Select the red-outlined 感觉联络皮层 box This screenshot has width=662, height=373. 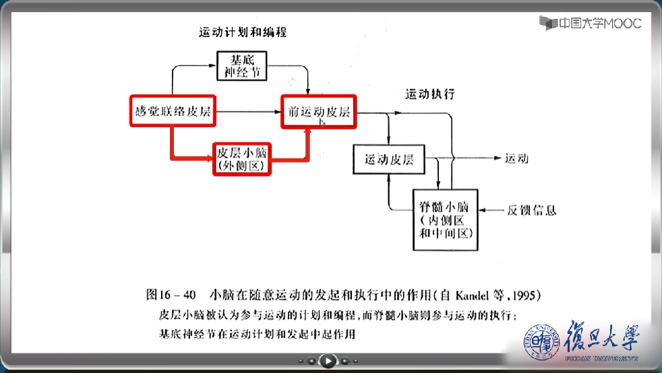pos(172,112)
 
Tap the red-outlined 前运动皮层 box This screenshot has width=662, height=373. pos(319,112)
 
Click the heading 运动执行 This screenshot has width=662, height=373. pos(430,94)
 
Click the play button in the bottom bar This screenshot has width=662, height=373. pos(328,362)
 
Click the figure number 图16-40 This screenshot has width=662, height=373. pos(171,295)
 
